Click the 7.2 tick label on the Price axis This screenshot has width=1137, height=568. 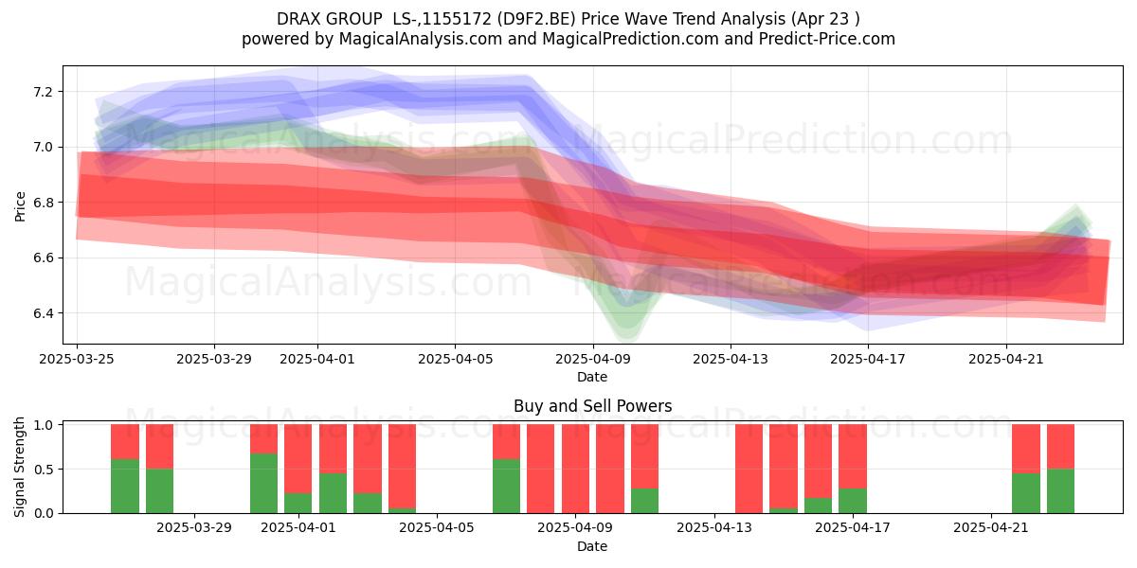42,92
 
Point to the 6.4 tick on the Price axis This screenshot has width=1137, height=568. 42,313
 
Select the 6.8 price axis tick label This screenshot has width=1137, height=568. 42,203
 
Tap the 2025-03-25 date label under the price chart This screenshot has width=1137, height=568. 77,359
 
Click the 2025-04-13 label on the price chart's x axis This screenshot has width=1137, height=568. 731,359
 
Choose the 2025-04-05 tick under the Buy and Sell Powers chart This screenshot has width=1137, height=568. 437,528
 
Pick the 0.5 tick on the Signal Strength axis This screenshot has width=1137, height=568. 44,470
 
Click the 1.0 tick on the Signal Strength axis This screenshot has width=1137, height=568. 44,425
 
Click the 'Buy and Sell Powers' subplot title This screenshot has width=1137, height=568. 592,406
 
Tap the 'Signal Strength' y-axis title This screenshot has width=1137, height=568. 19,467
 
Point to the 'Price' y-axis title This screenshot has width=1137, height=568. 20,206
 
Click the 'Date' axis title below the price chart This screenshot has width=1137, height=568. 592,377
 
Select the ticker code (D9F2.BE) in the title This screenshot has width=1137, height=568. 536,19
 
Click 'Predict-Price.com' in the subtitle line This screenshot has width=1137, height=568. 827,39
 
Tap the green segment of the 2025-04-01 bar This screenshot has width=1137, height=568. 298,503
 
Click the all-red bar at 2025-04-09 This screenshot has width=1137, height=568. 575,469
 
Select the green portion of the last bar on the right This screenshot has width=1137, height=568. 1061,491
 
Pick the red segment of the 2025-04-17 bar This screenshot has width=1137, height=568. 852,456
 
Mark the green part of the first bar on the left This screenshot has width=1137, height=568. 125,487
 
